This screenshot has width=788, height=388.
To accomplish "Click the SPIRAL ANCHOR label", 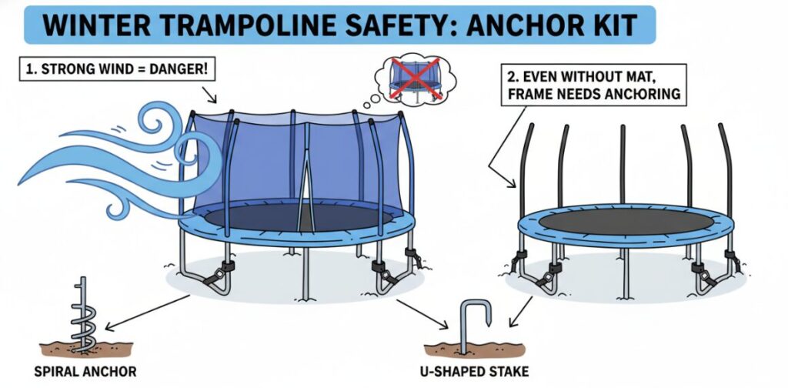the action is coord(85,372).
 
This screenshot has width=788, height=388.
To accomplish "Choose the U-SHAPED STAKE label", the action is coord(474,372).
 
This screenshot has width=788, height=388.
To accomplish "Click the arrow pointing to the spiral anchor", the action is coord(148,313).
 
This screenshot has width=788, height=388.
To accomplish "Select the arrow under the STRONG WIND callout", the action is coord(209,94).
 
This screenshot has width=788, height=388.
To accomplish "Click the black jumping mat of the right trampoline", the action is coord(626,222).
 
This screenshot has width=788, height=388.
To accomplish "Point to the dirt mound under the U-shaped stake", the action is coord(474,350).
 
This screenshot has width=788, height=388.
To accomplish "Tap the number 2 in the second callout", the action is coord(512,78).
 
